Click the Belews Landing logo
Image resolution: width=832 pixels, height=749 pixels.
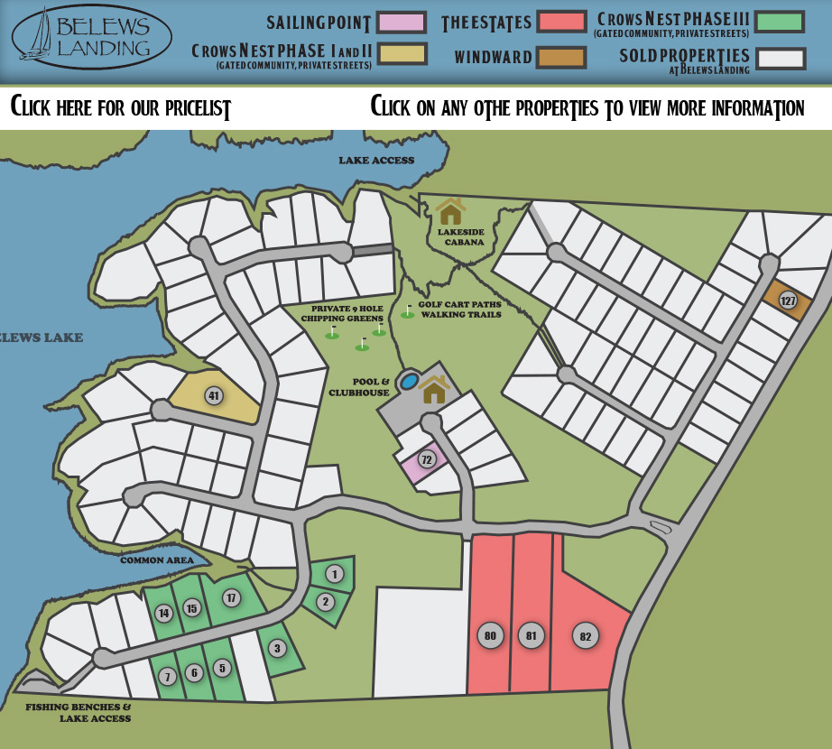point(91,38)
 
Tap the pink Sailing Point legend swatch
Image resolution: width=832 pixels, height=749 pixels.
point(401,23)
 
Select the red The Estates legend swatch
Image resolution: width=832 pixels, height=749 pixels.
point(560,22)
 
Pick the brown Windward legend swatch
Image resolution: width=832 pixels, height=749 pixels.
point(560,58)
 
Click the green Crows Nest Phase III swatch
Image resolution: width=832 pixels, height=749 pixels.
point(779,22)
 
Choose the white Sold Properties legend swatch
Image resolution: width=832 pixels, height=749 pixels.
point(780,59)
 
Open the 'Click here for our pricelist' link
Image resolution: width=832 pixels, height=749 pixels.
point(121,108)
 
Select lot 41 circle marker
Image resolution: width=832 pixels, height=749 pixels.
point(214,395)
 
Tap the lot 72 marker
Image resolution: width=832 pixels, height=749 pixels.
point(427,459)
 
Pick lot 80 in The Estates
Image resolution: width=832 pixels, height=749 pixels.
point(490,635)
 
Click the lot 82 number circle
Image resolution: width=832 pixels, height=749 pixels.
point(586,636)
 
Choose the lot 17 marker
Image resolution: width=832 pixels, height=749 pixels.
point(231,597)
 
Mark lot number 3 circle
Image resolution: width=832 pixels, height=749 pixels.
point(277,648)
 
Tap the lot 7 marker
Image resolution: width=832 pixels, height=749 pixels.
point(167,676)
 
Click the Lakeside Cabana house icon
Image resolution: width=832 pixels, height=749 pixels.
point(450,212)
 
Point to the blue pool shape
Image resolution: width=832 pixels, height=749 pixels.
point(410,382)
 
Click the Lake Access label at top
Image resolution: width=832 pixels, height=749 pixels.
point(376,161)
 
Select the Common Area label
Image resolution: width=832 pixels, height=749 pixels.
point(157,560)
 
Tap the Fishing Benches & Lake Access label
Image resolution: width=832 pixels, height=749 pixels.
point(78,713)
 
